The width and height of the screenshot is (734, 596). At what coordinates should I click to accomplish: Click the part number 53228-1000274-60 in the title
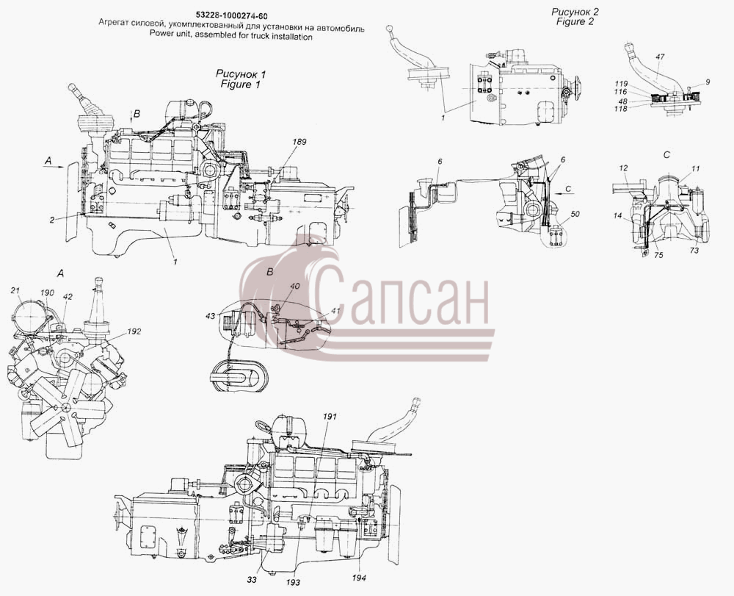coord(231,16)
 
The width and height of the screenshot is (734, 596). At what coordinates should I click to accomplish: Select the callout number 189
coord(299,142)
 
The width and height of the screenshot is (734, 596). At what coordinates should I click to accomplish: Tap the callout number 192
coord(134,331)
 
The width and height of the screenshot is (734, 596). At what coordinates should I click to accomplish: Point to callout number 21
coord(15,291)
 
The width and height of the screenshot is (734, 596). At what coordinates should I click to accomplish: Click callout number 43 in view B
coord(210,316)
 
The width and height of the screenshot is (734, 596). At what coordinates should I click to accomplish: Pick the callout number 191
coord(329,417)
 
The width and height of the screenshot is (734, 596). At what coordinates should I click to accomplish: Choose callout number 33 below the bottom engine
coord(252,580)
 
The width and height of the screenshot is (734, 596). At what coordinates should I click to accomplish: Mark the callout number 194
coord(359,578)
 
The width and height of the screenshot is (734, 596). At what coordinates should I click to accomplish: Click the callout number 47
coord(660,57)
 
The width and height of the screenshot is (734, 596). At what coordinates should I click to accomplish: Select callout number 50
coord(575,214)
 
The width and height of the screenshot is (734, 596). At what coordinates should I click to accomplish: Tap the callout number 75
coord(658,255)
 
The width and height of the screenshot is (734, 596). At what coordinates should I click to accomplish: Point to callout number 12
coord(623,168)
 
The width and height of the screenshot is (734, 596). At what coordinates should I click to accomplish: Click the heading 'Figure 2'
coord(575,21)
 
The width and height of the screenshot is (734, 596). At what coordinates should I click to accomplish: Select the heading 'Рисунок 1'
coord(241,74)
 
